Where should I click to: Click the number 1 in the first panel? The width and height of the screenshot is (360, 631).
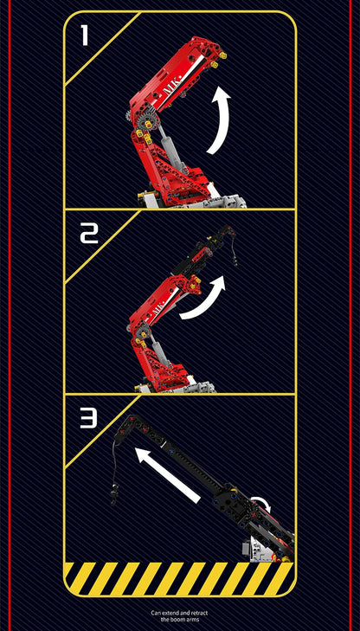click(85, 35)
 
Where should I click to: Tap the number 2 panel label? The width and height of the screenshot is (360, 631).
click(89, 235)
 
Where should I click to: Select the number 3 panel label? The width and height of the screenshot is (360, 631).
click(88, 419)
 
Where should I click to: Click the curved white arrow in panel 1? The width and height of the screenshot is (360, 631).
click(222, 120)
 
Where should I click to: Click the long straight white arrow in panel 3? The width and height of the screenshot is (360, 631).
click(167, 475)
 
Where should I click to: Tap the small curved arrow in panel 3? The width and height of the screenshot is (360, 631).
click(262, 501)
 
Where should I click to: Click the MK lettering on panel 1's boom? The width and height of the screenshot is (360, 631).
click(172, 86)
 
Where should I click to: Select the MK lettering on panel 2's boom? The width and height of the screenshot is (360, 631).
click(157, 310)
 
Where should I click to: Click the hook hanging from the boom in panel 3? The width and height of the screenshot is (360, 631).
click(115, 491)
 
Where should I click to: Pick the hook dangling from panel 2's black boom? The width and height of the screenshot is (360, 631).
click(234, 258)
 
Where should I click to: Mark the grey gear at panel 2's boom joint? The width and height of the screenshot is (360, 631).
click(142, 333)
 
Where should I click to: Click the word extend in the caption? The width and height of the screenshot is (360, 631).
click(168, 613)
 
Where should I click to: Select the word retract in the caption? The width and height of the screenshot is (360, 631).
click(199, 613)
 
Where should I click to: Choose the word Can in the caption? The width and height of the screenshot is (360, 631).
click(155, 613)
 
